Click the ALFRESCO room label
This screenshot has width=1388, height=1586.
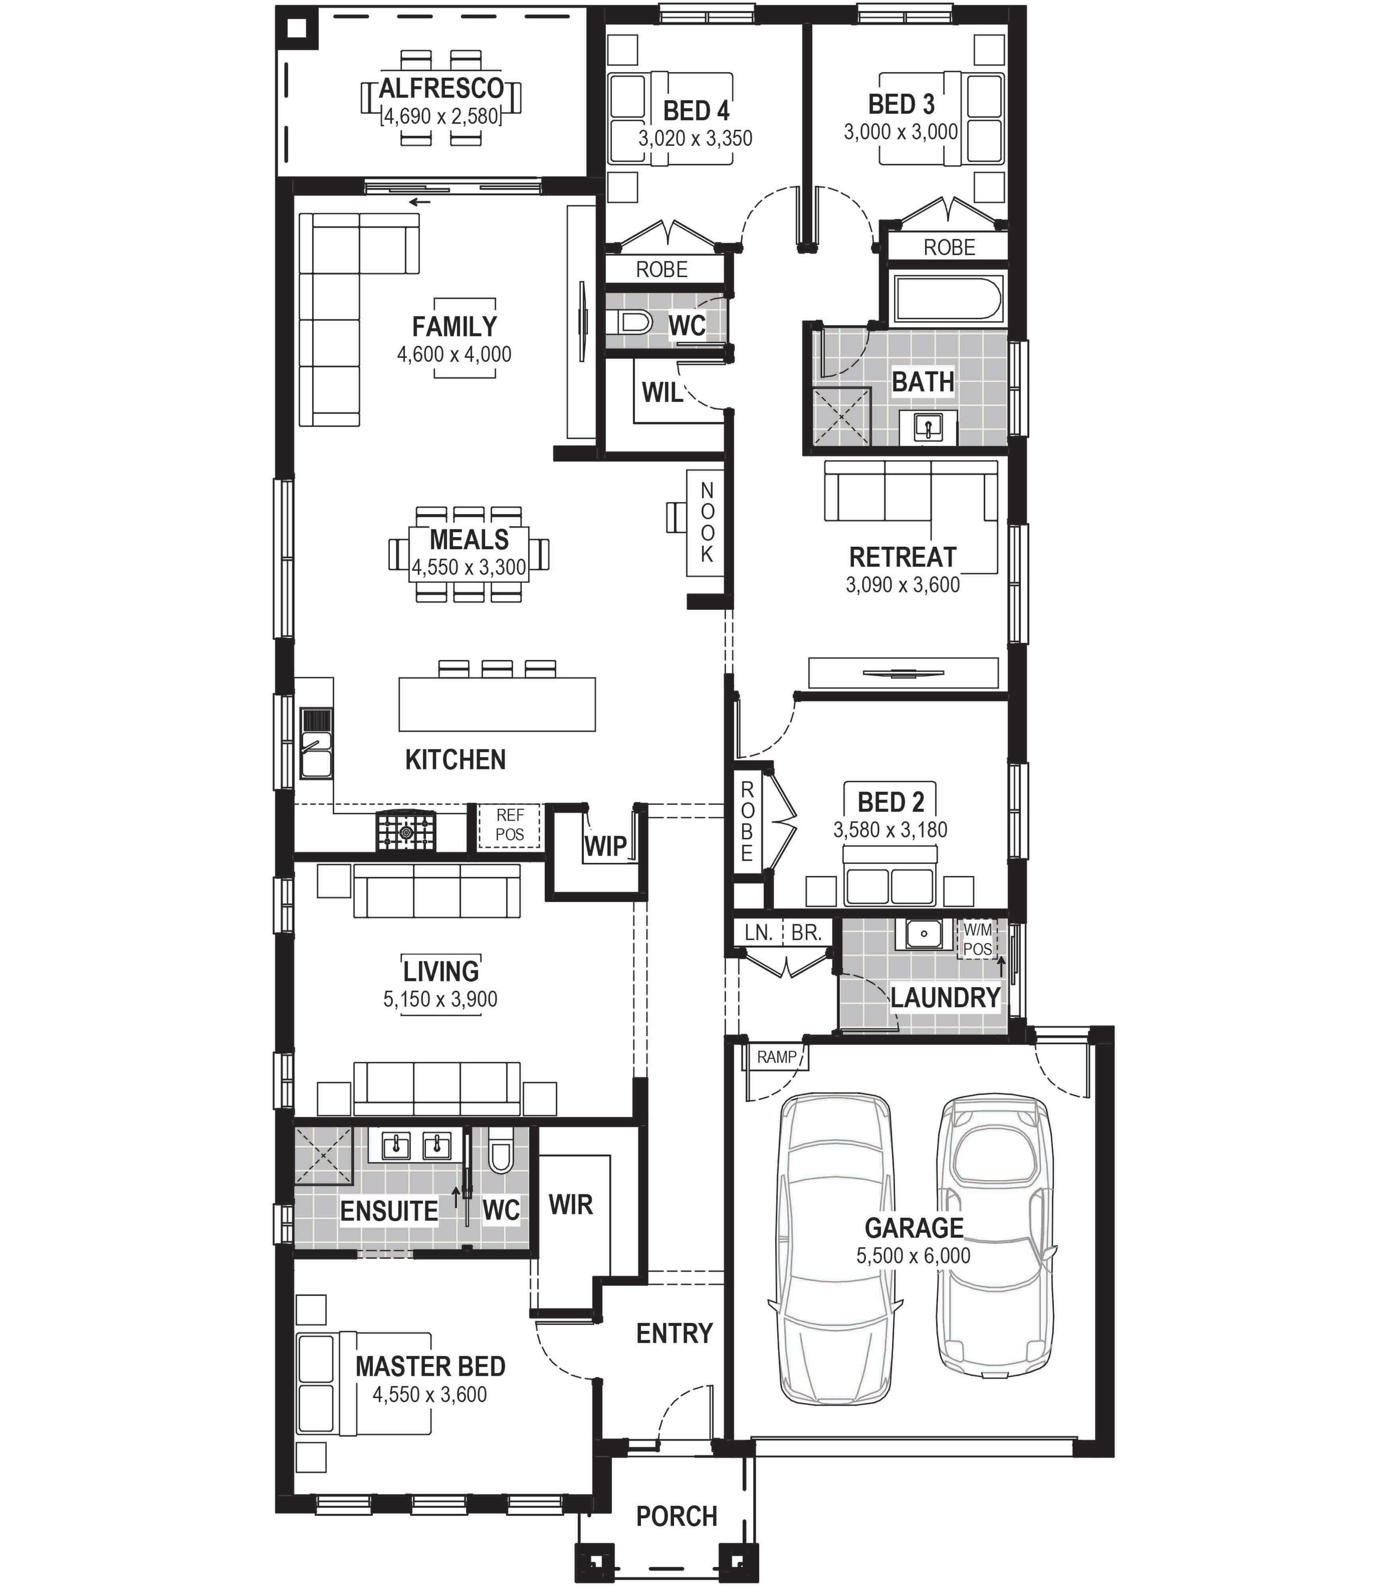[x=441, y=88]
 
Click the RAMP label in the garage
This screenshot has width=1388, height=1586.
[x=777, y=1057]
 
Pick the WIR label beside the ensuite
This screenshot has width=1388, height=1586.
[x=571, y=1204]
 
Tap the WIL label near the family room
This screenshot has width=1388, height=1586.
[x=662, y=393]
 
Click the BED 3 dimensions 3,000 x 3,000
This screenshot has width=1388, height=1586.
[x=901, y=132]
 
